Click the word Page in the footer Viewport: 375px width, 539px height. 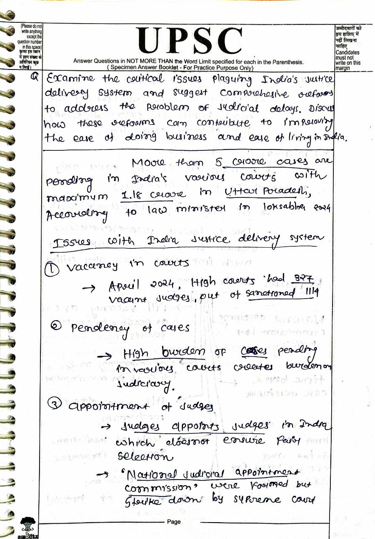[x=173, y=522]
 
